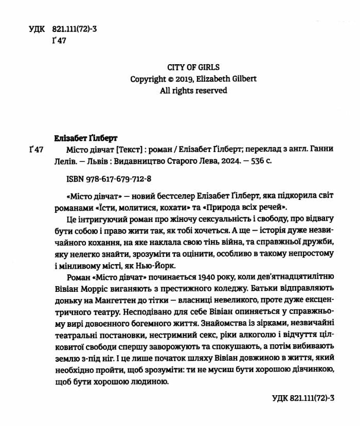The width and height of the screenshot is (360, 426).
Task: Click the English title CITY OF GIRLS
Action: pos(193,67)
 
